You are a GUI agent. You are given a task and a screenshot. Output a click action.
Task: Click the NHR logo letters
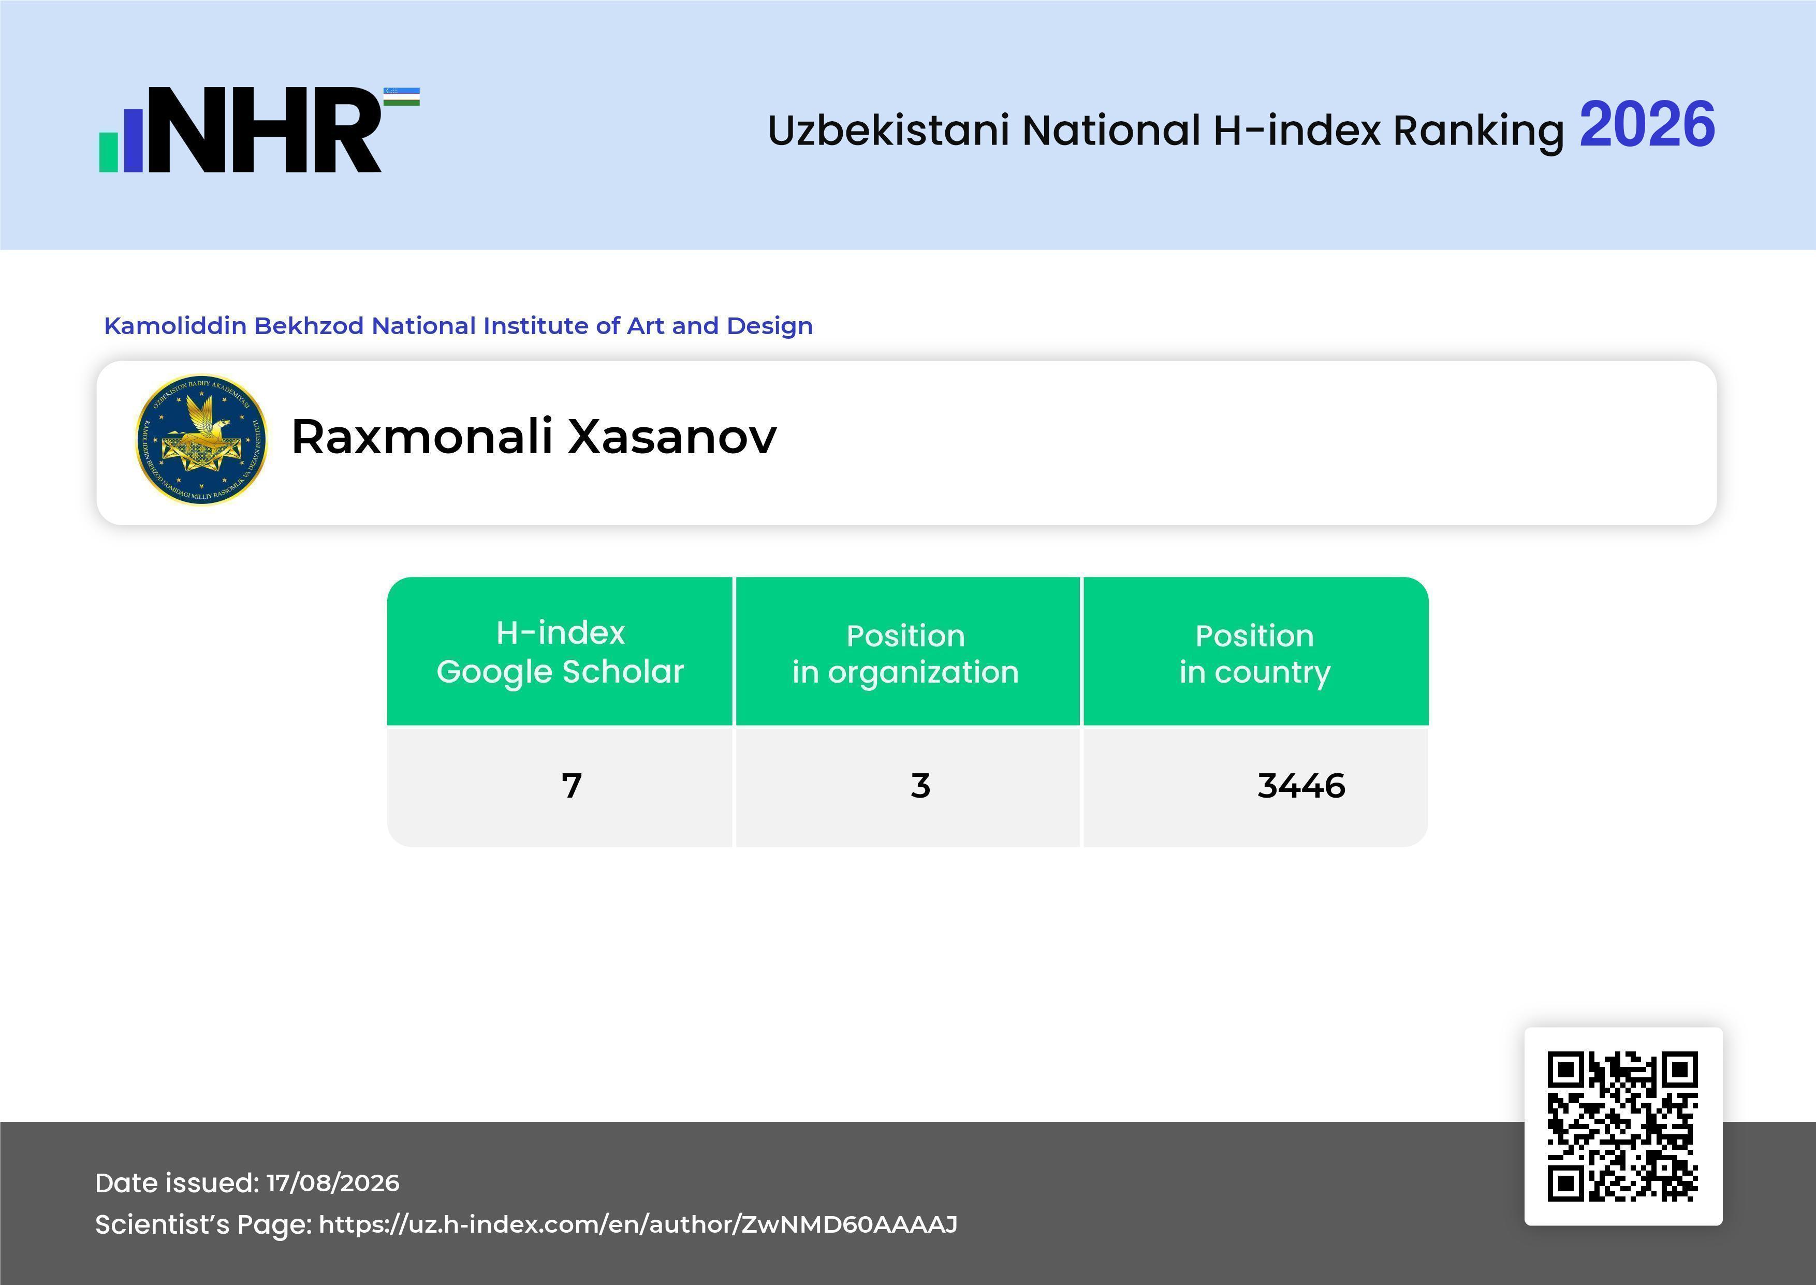(x=264, y=130)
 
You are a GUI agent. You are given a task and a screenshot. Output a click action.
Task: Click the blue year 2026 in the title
(x=1647, y=125)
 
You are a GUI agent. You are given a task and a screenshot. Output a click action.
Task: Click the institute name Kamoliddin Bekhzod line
(x=458, y=326)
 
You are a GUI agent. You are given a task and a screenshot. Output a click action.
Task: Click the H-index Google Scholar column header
(x=560, y=652)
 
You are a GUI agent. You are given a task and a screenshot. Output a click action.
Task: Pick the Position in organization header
(x=905, y=654)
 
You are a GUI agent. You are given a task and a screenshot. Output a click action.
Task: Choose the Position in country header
(x=1254, y=654)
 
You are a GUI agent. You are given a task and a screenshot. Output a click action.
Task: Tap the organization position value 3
(x=920, y=786)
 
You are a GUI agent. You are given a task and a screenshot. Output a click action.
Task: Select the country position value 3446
(x=1301, y=786)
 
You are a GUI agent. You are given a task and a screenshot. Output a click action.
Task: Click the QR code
(x=1623, y=1126)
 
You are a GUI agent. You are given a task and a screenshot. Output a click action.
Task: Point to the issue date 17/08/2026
(x=332, y=1183)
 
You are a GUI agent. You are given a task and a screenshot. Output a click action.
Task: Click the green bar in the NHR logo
(x=108, y=152)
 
